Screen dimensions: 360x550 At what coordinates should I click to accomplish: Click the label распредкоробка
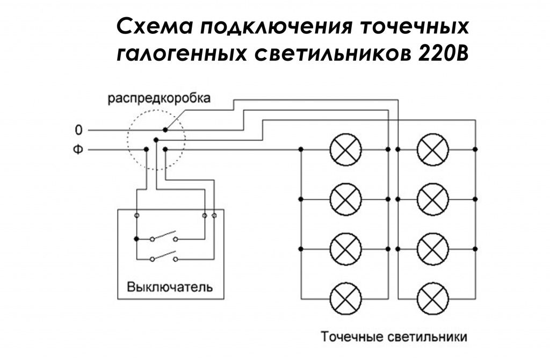[x=159, y=99]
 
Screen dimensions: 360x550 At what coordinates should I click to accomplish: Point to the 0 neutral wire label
[x=79, y=130]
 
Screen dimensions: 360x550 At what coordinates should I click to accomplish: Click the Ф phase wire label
[x=79, y=150]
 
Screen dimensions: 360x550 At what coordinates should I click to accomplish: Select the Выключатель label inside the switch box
[x=169, y=286]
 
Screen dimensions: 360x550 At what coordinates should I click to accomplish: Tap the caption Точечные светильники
[x=394, y=337]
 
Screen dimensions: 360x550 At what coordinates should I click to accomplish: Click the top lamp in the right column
[x=432, y=148]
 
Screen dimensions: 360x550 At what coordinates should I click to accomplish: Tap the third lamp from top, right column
[x=432, y=248]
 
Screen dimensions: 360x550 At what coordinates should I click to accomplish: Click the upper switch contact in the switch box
[x=164, y=236]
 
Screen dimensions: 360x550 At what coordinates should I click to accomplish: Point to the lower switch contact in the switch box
[x=164, y=256]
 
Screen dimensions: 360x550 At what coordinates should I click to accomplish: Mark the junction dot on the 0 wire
[x=165, y=130]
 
